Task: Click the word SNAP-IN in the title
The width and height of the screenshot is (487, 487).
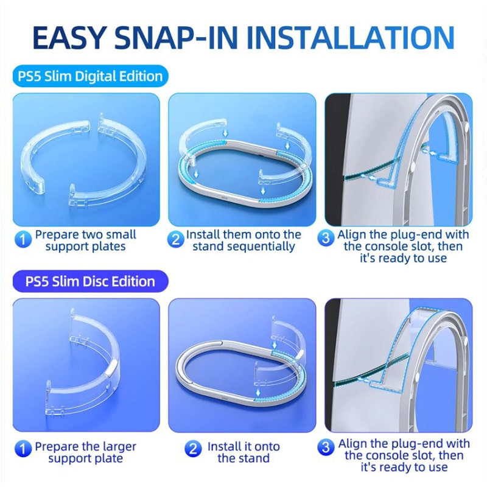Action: [x=176, y=37]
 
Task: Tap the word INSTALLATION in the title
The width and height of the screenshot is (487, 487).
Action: [x=351, y=37]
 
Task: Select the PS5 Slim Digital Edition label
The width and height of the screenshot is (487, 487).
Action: [x=90, y=76]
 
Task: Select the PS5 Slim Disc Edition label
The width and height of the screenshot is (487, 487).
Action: [x=90, y=281]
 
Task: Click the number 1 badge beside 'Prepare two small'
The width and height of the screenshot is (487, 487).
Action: [x=23, y=239]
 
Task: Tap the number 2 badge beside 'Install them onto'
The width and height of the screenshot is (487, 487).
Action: [x=175, y=239]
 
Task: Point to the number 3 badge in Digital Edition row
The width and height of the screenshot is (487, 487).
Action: [x=326, y=238]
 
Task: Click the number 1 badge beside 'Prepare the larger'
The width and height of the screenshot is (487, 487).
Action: [x=23, y=449]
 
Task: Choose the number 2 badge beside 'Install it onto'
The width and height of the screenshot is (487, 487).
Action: [x=193, y=449]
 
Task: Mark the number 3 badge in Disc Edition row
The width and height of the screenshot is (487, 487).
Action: [x=326, y=447]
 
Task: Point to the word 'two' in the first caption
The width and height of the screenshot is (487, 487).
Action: [x=91, y=234]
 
